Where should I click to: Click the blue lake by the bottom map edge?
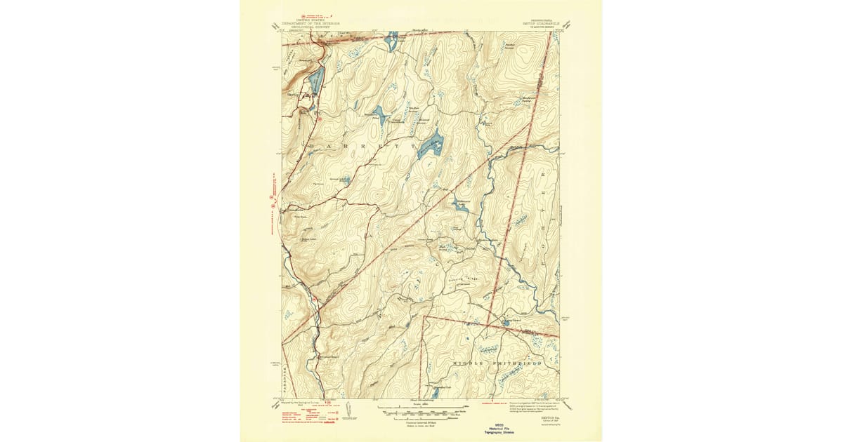coord(436,394)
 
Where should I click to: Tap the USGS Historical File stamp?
coord(421,429)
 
